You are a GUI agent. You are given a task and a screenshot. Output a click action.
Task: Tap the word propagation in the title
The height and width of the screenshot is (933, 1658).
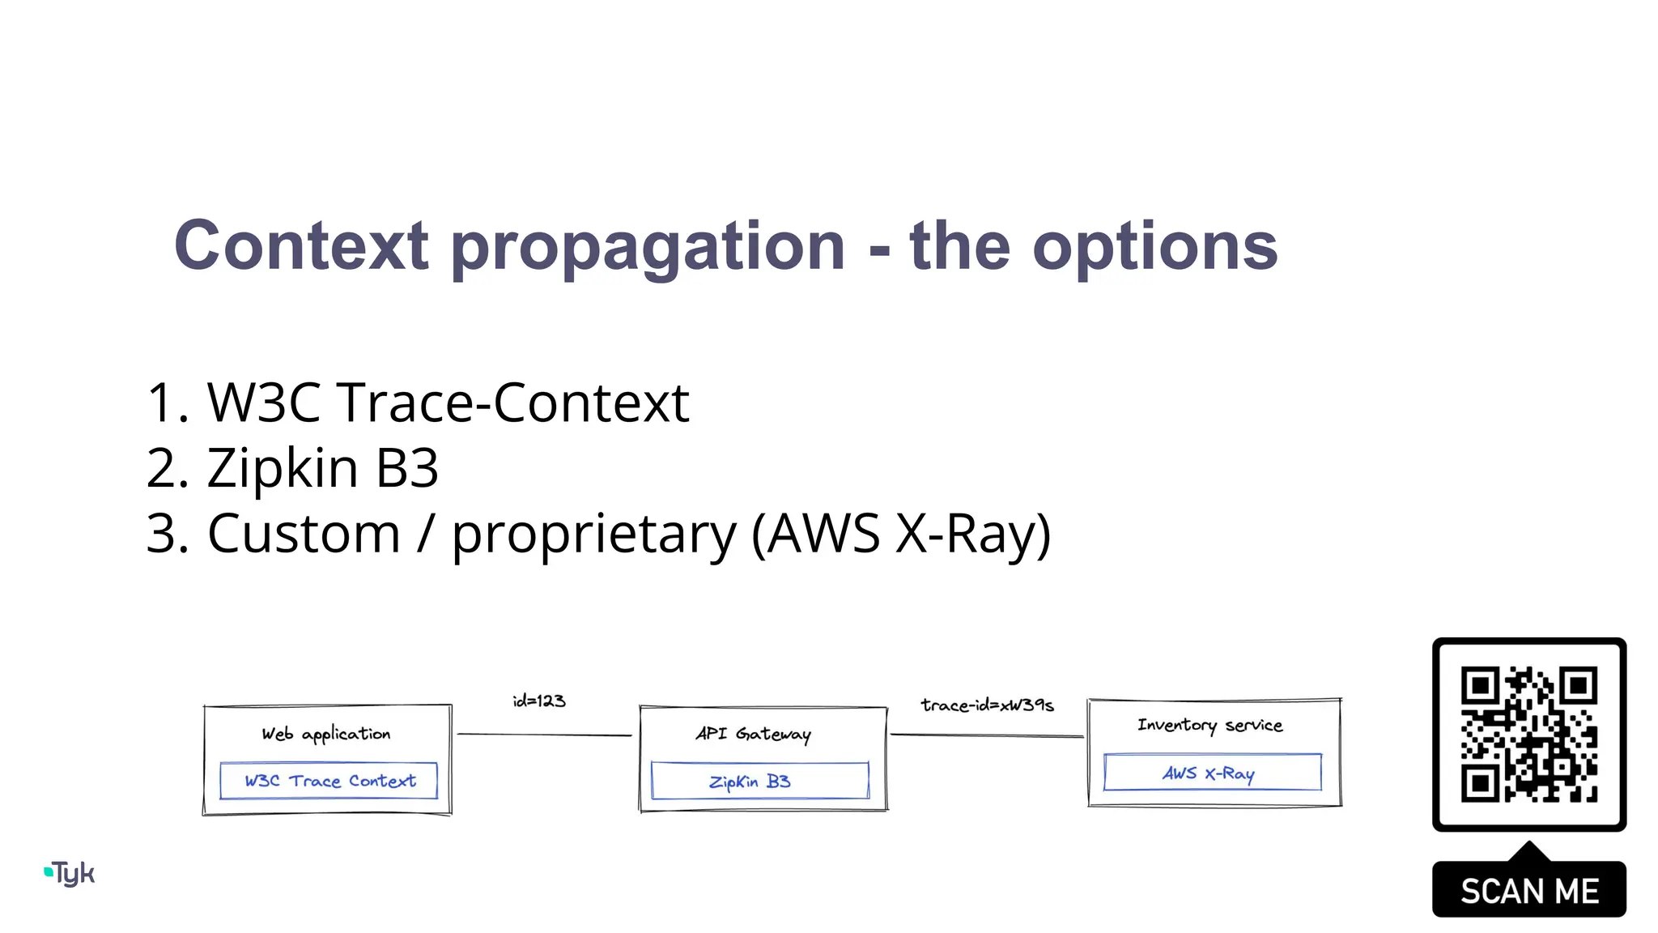(x=648, y=247)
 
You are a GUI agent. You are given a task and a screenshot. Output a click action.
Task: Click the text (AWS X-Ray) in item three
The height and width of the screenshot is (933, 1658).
(x=901, y=534)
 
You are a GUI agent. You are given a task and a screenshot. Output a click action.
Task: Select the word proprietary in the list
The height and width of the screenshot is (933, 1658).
(x=593, y=535)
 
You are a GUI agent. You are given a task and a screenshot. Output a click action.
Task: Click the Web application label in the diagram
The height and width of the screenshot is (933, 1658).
(x=325, y=734)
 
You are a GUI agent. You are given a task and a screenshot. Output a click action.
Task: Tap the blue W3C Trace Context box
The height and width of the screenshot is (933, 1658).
(x=329, y=781)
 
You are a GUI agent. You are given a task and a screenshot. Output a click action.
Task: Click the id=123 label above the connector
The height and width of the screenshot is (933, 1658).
(x=539, y=701)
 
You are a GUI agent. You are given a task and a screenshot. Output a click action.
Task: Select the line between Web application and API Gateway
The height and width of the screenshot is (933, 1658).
(x=544, y=735)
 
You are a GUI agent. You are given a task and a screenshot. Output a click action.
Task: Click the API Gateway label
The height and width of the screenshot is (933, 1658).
(x=753, y=734)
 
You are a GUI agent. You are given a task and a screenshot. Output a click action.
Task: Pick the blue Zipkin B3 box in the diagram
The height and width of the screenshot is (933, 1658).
(x=759, y=781)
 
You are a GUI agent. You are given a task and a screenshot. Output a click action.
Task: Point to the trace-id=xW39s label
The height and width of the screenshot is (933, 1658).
(x=987, y=705)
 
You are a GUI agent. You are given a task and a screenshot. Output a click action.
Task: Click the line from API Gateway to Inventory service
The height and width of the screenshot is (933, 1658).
(x=986, y=735)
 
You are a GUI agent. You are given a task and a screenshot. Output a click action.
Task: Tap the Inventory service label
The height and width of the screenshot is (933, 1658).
(x=1209, y=725)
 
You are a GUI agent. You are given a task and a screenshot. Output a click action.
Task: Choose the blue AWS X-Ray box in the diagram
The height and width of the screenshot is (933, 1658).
(x=1212, y=773)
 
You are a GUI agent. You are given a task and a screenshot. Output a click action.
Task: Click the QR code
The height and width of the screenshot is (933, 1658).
(x=1528, y=734)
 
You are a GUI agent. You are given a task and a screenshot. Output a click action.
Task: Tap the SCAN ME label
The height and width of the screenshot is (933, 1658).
(x=1528, y=891)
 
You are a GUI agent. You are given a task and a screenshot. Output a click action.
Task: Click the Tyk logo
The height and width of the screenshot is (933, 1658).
(x=70, y=873)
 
